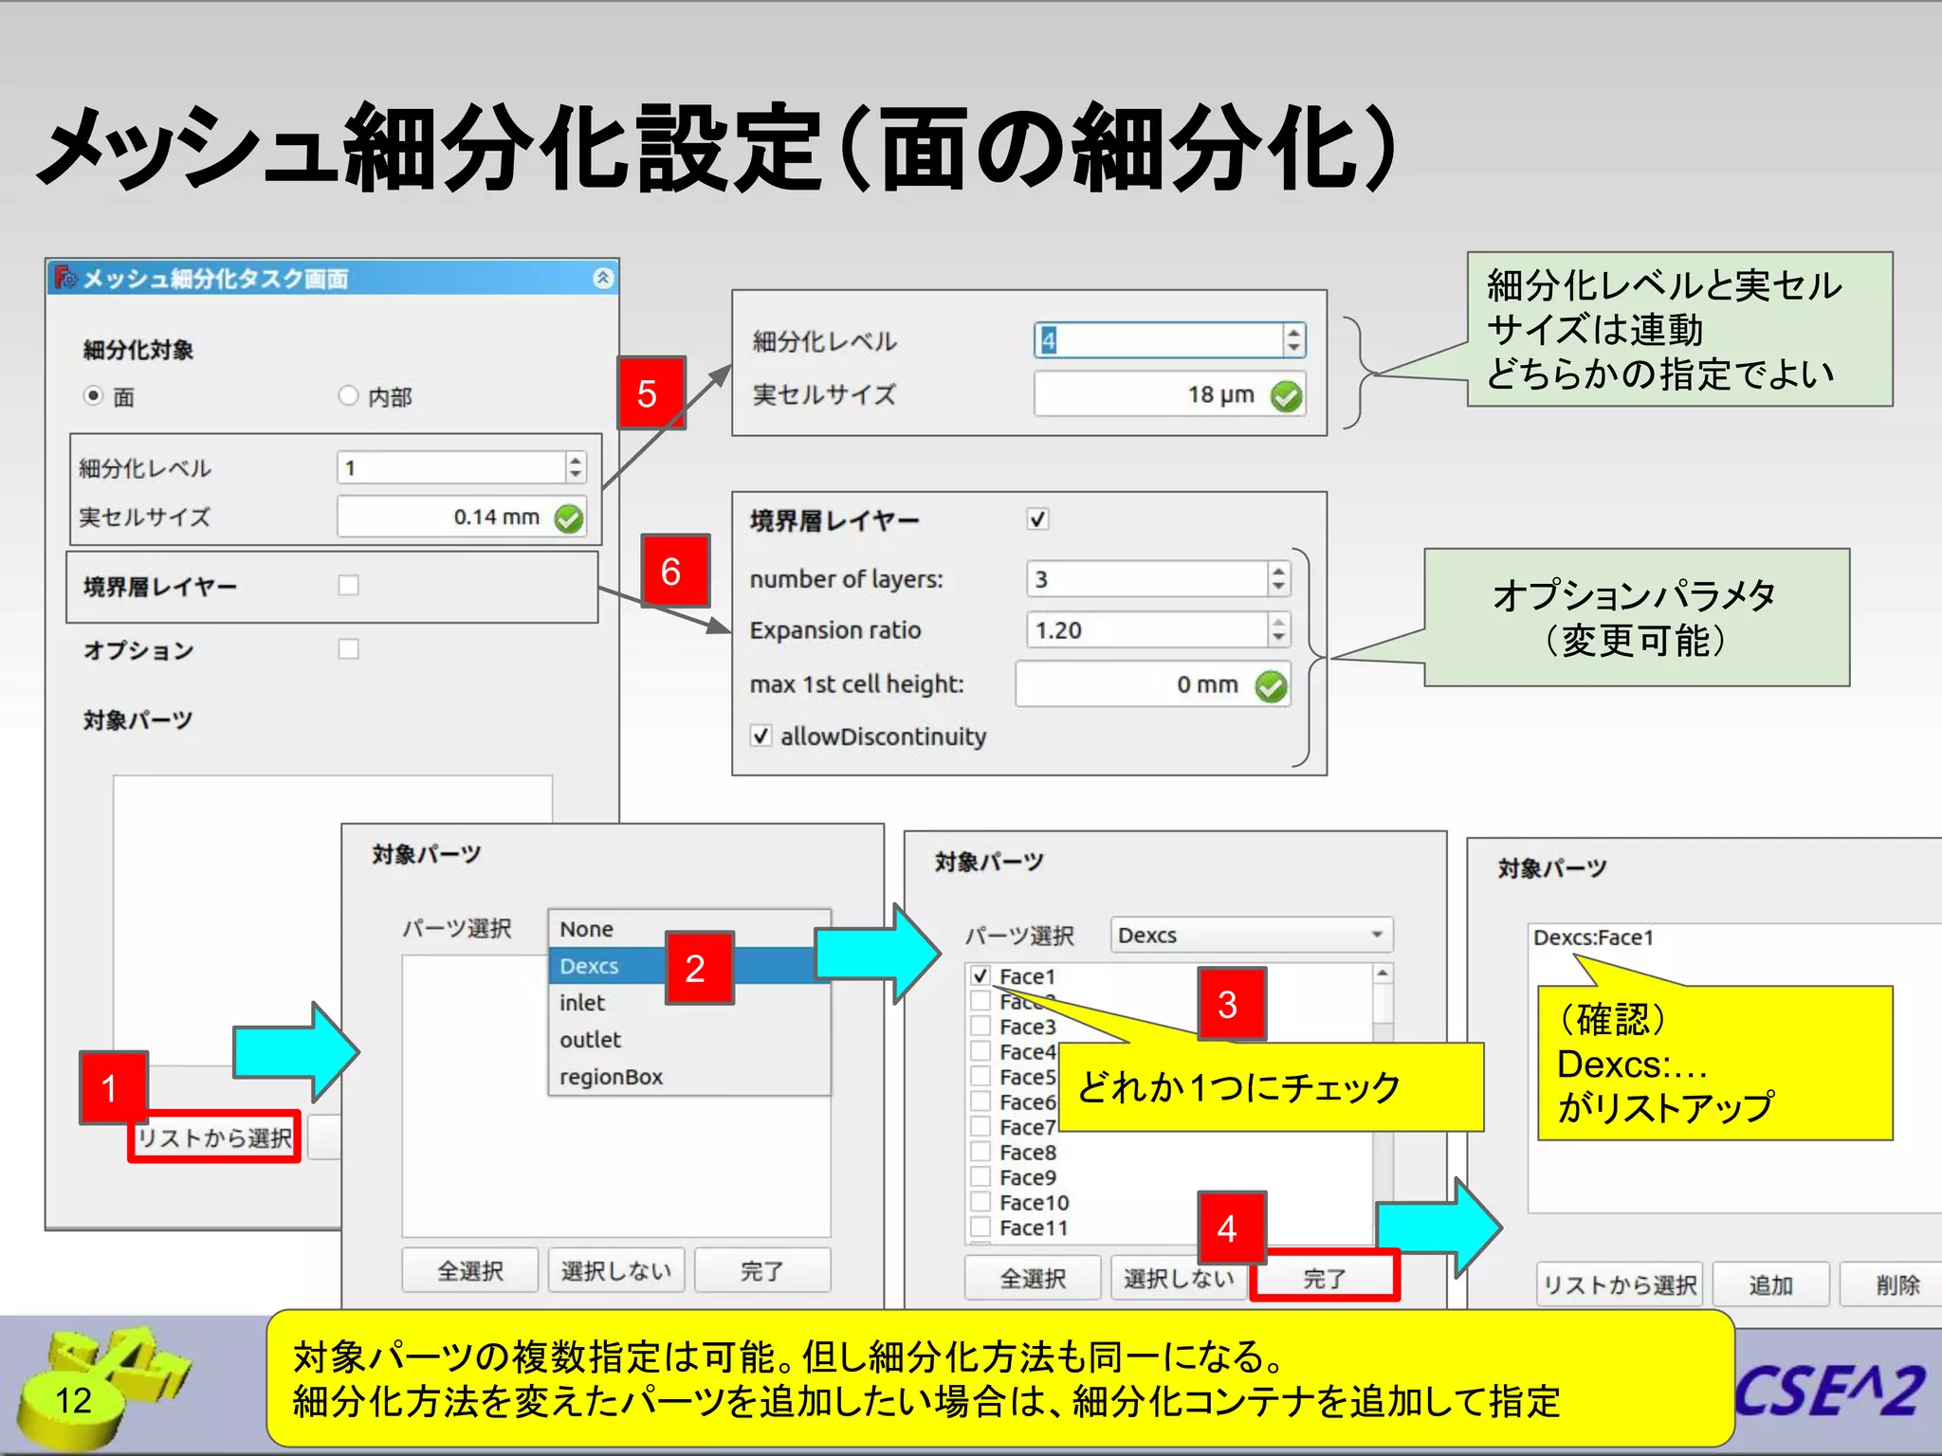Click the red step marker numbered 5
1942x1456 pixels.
tap(650, 393)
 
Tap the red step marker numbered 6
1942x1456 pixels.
tap(674, 571)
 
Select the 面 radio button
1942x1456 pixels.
tap(93, 395)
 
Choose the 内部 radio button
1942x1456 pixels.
tap(348, 395)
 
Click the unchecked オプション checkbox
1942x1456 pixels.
tap(349, 649)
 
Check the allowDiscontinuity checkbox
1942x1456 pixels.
tap(760, 736)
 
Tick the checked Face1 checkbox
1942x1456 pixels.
tap(980, 975)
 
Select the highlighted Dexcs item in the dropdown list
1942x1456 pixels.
tap(590, 966)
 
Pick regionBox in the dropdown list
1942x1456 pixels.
tap(612, 1077)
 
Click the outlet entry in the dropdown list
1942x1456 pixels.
tap(591, 1040)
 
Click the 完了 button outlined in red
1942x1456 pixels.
tap(1324, 1278)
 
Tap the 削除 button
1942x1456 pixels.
tap(1896, 1285)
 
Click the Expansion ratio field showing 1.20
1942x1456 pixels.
tap(1147, 630)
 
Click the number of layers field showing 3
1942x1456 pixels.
tap(1147, 579)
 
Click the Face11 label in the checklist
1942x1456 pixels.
tap(1034, 1228)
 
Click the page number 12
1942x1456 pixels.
tap(73, 1400)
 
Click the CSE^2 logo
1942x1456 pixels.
tap(1829, 1391)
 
